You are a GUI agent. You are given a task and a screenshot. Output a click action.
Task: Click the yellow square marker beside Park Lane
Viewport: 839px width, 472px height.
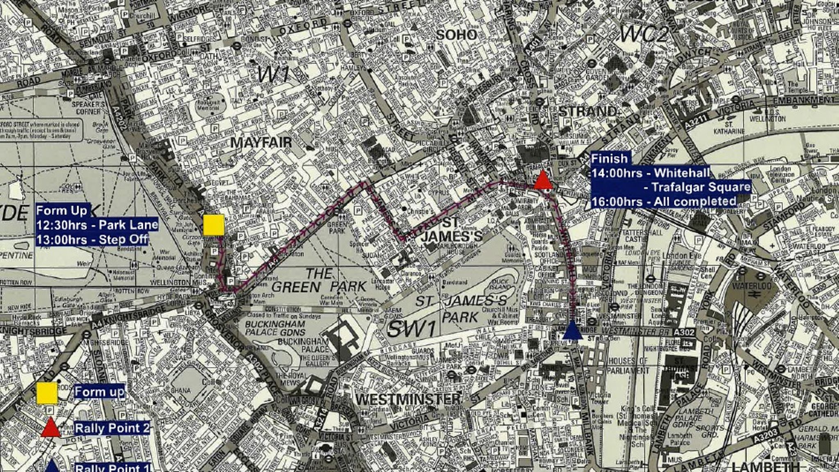[213, 225]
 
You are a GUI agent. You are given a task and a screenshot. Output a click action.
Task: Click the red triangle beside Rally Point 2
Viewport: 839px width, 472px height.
[51, 428]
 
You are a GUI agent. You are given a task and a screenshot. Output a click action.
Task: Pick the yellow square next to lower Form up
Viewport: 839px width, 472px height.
[47, 393]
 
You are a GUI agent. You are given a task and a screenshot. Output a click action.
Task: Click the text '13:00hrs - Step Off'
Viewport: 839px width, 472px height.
[92, 239]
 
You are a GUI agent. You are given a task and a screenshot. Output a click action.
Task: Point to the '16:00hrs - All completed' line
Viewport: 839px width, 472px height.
[663, 202]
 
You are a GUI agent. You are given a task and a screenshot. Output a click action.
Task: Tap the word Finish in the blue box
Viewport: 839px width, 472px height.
[609, 159]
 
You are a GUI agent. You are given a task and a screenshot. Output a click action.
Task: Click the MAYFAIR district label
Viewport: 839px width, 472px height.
[261, 143]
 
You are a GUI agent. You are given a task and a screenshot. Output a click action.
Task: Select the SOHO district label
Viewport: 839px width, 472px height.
[456, 35]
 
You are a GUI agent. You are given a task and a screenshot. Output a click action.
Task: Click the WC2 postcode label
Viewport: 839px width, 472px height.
[644, 35]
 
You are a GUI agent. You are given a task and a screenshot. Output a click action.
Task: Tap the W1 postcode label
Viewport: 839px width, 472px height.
[274, 75]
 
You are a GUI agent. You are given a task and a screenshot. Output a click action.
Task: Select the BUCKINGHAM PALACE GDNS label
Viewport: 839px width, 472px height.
[275, 328]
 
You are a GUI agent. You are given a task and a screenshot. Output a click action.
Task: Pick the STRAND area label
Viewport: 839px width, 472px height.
[587, 111]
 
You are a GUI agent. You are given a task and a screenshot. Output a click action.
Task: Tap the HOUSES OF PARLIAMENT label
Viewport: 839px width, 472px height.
[628, 366]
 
